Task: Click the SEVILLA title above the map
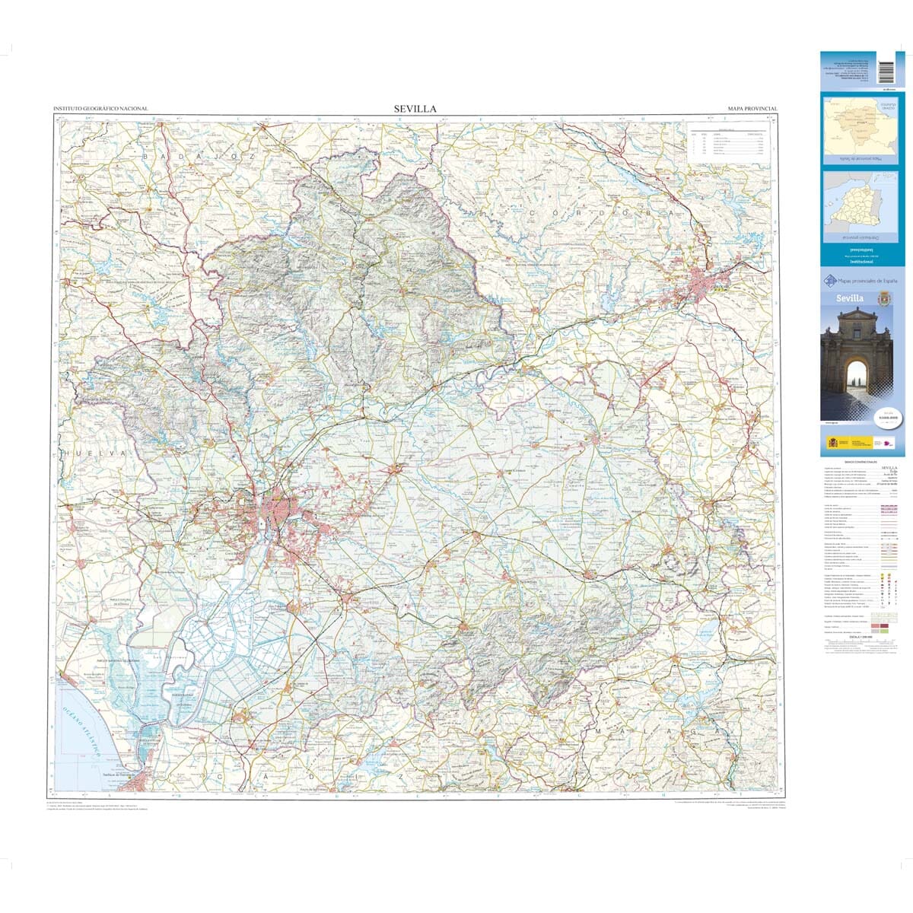pyautogui.click(x=415, y=109)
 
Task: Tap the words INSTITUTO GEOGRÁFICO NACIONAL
pyautogui.click(x=100, y=110)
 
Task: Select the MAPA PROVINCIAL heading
pyautogui.click(x=752, y=110)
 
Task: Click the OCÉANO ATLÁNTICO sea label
pyautogui.click(x=80, y=728)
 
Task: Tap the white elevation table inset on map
pyautogui.click(x=727, y=142)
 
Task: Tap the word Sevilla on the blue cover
pyautogui.click(x=850, y=298)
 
